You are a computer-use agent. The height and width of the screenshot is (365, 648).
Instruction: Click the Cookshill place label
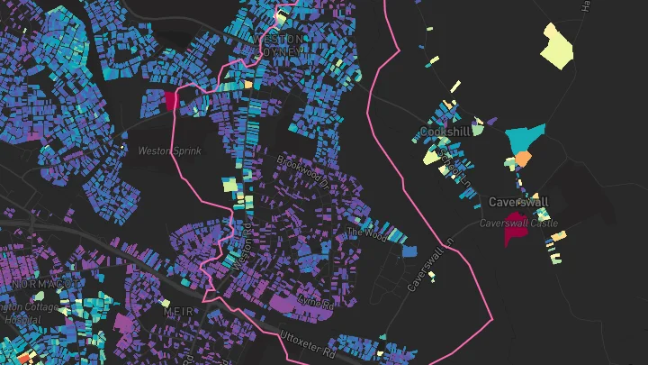tap(445, 132)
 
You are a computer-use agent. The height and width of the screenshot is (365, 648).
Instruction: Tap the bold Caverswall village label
tap(518, 202)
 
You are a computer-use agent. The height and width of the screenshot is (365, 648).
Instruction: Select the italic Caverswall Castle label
tap(518, 223)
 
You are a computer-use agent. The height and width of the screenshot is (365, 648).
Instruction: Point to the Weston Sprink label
tap(169, 151)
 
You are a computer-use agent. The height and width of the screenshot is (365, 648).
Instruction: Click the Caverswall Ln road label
tap(427, 269)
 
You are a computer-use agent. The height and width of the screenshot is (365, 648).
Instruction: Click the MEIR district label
tap(177, 311)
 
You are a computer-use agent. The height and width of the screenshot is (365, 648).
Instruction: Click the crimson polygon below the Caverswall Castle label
tap(515, 234)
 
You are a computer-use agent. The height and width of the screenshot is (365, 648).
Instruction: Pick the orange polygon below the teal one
tap(522, 160)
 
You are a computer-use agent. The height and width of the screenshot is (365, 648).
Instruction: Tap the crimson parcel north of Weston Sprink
tap(172, 99)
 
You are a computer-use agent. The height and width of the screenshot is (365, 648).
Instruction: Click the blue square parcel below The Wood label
tap(409, 251)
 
